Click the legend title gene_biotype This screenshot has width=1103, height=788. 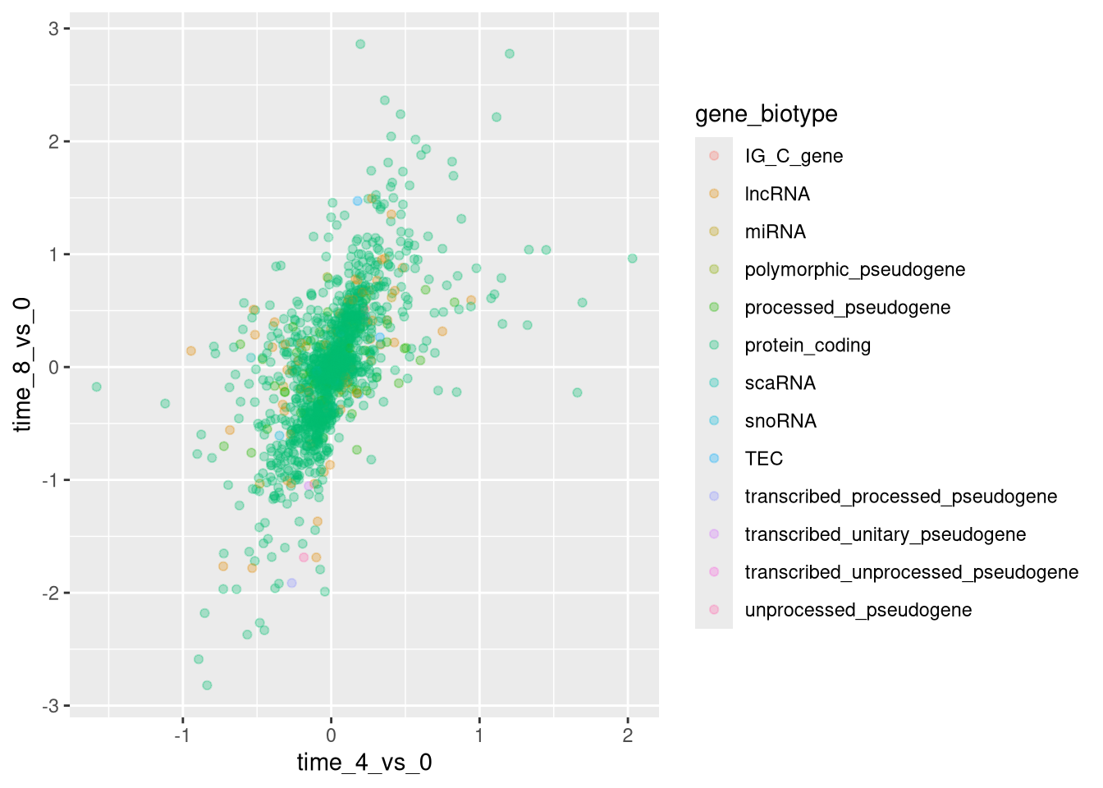pyautogui.click(x=766, y=114)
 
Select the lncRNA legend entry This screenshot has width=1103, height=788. pyautogui.click(x=776, y=194)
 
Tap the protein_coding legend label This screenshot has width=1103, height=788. pyautogui.click(x=807, y=346)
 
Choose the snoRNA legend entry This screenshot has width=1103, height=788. pyautogui.click(x=780, y=421)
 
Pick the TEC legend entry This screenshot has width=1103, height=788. pyautogui.click(x=763, y=459)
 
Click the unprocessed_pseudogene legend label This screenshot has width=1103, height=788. pyautogui.click(x=858, y=610)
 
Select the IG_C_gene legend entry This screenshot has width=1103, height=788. pyautogui.click(x=793, y=156)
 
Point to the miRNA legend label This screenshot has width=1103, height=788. pyautogui.click(x=775, y=231)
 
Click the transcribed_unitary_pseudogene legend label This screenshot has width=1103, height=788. pyautogui.click(x=885, y=534)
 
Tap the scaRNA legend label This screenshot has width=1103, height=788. pyautogui.click(x=780, y=383)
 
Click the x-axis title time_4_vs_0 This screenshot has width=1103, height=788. pyautogui.click(x=364, y=763)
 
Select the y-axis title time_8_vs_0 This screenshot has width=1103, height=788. pyautogui.click(x=22, y=364)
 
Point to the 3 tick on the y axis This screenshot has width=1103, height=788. pyautogui.click(x=54, y=29)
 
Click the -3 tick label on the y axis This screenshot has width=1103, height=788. pyautogui.click(x=51, y=706)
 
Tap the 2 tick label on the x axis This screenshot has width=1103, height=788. pyautogui.click(x=628, y=735)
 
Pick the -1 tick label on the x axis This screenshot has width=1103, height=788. pyautogui.click(x=181, y=735)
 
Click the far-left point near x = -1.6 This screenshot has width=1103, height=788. pyautogui.click(x=97, y=387)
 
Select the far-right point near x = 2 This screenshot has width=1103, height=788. pyautogui.click(x=633, y=259)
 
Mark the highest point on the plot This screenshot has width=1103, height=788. pyautogui.click(x=360, y=44)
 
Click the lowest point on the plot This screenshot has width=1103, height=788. pyautogui.click(x=207, y=685)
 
